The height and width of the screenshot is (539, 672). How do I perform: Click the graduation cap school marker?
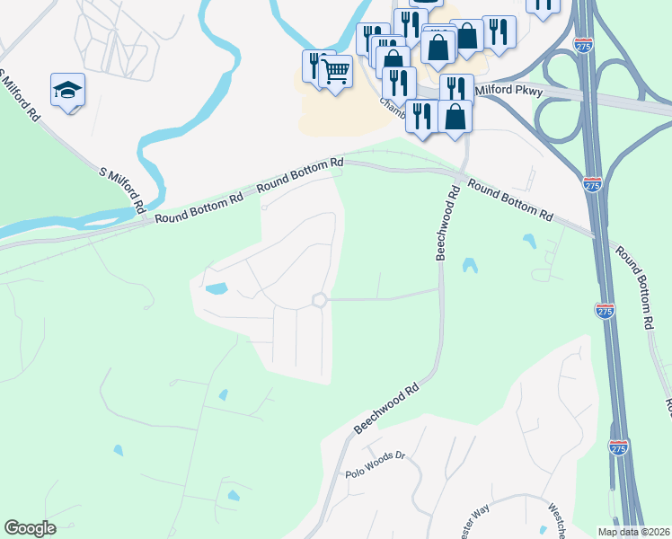67,90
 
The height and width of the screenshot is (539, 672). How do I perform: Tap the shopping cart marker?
335,71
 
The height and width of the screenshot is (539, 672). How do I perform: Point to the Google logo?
30,528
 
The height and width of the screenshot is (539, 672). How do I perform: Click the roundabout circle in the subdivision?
318,300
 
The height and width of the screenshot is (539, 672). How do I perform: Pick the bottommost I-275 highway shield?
618,448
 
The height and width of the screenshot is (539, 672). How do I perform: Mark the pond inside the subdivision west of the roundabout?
216,289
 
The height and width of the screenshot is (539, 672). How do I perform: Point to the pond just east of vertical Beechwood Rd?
469,265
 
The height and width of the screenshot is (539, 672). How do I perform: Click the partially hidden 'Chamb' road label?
393,108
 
